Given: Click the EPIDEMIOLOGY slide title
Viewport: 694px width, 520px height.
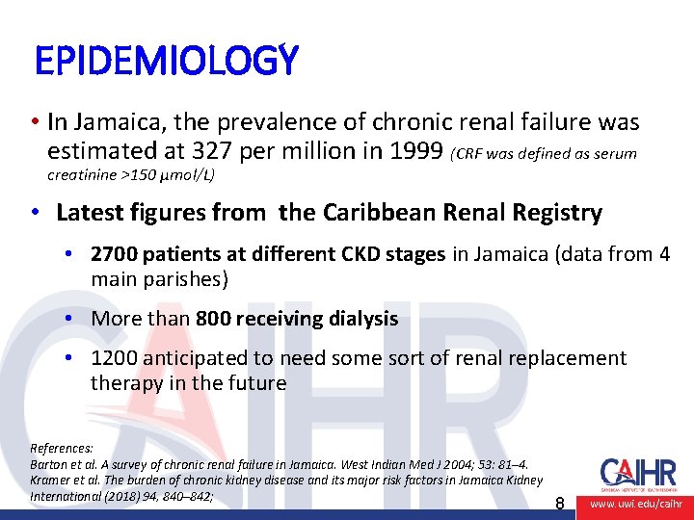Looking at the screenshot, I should [x=166, y=62].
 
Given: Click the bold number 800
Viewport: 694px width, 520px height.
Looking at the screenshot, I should [x=213, y=319].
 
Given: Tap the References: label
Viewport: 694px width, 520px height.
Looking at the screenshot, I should [x=62, y=448].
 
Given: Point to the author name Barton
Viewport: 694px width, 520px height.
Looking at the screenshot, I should [x=49, y=464].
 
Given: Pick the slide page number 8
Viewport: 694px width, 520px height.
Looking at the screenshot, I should [x=560, y=503].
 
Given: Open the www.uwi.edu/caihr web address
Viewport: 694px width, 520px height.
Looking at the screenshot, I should [x=635, y=504].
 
